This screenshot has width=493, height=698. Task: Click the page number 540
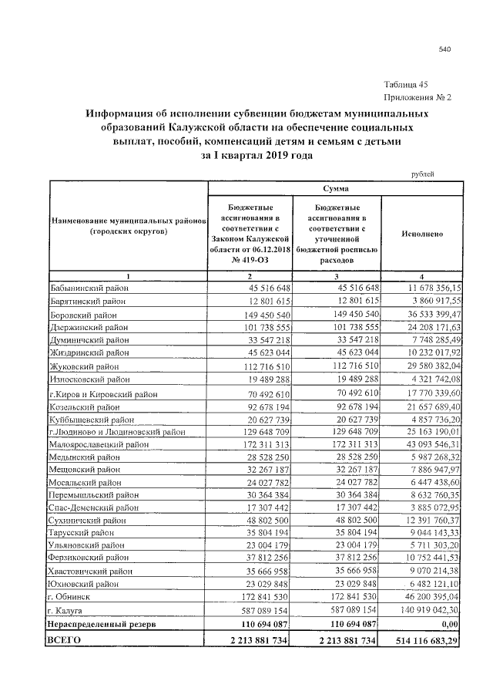click(444, 50)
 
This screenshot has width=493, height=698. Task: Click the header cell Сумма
click(335, 188)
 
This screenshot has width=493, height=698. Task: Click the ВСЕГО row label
click(67, 639)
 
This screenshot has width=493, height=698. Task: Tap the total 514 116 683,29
click(423, 639)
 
